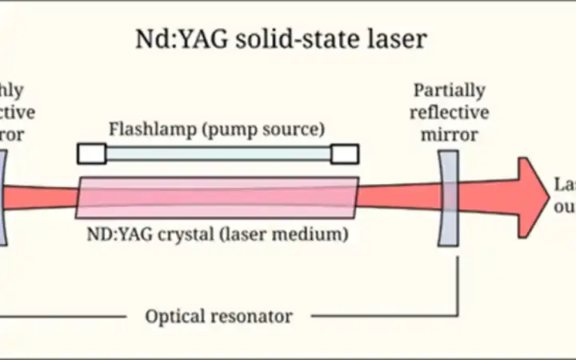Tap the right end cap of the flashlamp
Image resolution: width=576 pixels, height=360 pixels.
click(x=345, y=154)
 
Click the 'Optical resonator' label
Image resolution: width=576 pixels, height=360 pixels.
click(x=218, y=316)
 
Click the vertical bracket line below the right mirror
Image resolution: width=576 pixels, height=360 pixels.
click(x=458, y=280)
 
